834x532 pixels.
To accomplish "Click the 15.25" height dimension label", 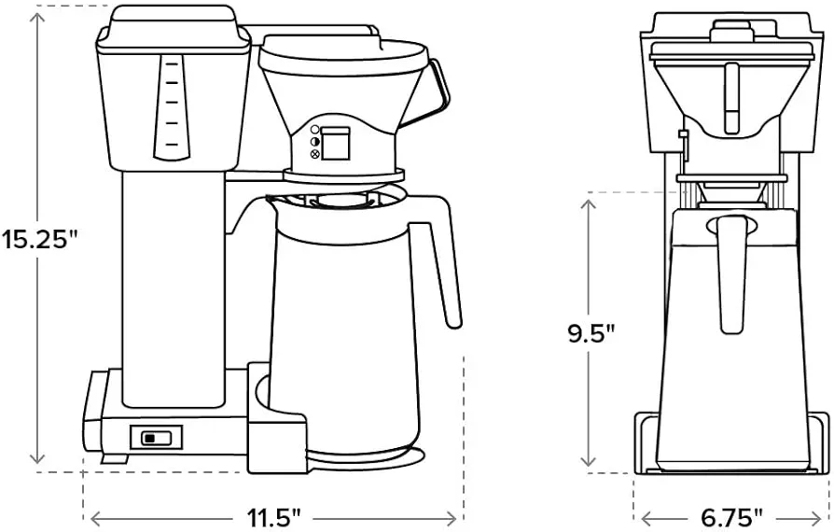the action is [40, 239].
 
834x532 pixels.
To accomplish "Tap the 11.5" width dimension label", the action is [274, 517].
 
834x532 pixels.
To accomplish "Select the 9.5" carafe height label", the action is [591, 334].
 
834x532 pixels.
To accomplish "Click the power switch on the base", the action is [157, 438].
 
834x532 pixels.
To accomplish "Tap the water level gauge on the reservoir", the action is [172, 107].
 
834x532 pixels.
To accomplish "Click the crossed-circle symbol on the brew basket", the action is [314, 154].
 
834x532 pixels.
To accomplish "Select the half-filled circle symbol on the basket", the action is [314, 142].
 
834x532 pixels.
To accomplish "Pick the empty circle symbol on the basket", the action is [314, 130].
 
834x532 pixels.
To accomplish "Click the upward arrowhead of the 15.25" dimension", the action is [36, 20].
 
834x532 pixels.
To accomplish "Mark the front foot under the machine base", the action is [115, 458].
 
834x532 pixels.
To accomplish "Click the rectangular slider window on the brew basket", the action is [336, 143].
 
